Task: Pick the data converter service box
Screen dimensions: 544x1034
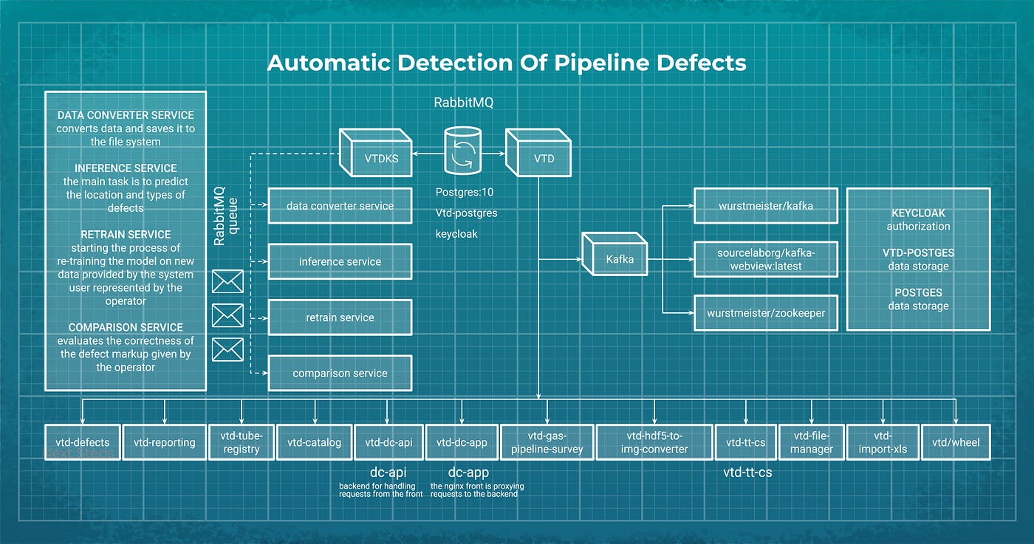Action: pos(340,206)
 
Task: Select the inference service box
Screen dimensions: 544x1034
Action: pos(340,261)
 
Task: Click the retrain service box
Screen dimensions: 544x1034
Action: pos(340,317)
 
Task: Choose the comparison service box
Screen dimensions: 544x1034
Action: pos(340,373)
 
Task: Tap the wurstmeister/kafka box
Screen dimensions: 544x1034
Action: pos(766,206)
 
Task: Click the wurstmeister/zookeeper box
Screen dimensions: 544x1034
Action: pos(766,312)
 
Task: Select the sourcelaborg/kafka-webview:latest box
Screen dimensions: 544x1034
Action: pos(766,259)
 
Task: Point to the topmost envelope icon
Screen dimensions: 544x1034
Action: pos(227,281)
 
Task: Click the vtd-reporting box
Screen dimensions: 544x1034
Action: pos(164,442)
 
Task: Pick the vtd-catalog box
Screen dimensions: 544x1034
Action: pos(314,442)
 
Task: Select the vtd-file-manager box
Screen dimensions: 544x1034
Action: pos(811,442)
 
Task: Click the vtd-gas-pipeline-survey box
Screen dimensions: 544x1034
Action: pos(547,442)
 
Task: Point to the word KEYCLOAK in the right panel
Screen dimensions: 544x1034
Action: pos(918,213)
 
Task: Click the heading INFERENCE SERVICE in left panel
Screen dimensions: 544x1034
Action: pos(126,168)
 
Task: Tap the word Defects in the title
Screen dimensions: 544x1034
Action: pos(701,63)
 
